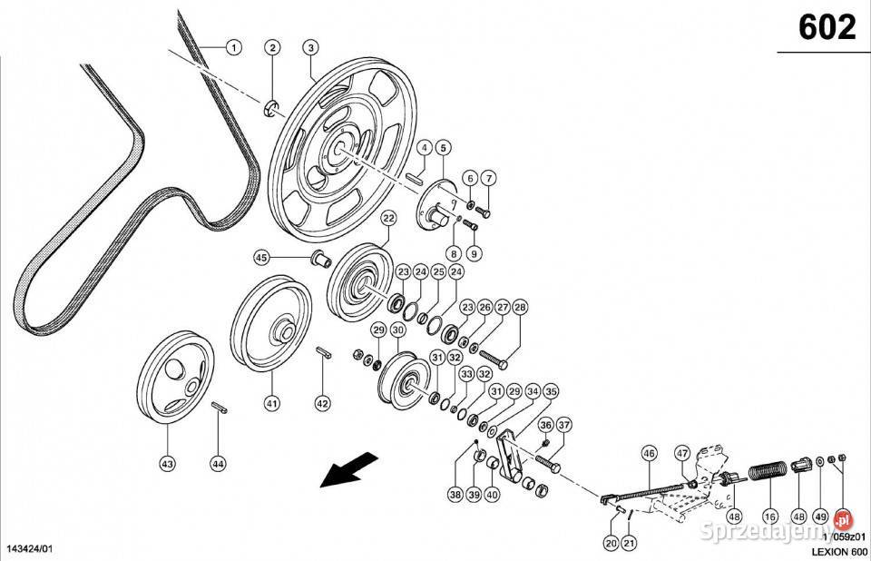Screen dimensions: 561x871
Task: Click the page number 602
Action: click(x=827, y=27)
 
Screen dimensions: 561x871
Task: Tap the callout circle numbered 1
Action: click(x=233, y=46)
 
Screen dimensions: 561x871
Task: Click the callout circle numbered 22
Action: click(x=388, y=218)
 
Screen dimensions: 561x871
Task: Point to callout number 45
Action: click(x=261, y=258)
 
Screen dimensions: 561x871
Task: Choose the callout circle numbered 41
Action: click(x=271, y=402)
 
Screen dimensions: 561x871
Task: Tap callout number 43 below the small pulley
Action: click(x=166, y=464)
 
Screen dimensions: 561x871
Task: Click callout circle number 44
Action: click(x=218, y=464)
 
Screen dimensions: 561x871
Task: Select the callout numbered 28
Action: click(x=520, y=308)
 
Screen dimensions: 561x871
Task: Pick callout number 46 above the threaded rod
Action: click(x=649, y=453)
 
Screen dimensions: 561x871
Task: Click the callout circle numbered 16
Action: click(x=769, y=517)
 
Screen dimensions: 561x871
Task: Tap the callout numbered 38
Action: click(x=455, y=495)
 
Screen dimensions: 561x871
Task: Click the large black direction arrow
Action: click(x=351, y=469)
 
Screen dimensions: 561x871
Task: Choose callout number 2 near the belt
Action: click(x=272, y=47)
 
